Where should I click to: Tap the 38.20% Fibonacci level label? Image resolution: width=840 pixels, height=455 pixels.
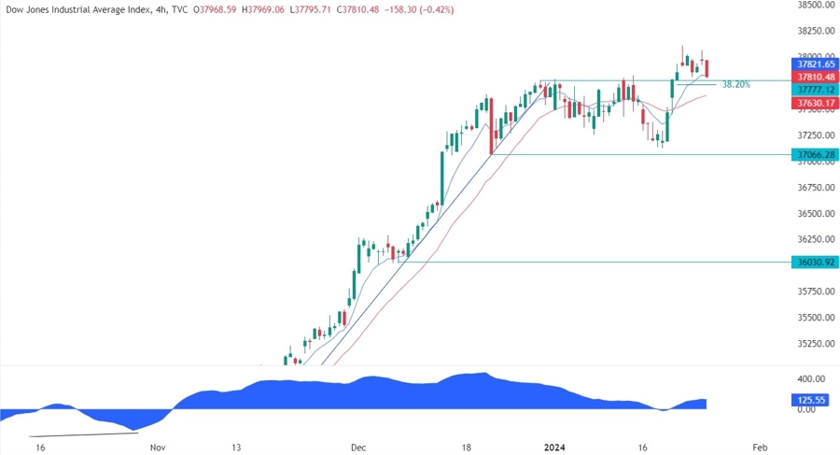pos(736,84)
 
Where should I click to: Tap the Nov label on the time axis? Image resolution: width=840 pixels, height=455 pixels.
pos(157,448)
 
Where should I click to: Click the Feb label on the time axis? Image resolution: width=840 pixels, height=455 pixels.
pos(760,448)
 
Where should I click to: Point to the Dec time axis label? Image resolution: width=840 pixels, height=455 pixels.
pos(359,448)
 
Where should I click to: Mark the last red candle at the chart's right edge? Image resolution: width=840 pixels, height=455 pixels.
pos(708,68)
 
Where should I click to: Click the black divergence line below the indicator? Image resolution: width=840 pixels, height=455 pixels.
pos(84,433)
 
